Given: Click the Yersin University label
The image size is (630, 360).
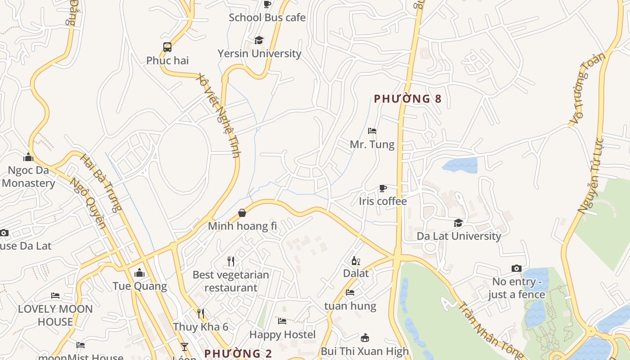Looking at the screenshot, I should coord(259,54).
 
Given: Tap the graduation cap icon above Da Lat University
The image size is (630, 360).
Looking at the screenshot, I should coord(458,223).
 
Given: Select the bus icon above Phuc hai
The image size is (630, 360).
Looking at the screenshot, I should coord(167,47).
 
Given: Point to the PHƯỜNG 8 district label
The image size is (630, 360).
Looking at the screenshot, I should coord(408,99).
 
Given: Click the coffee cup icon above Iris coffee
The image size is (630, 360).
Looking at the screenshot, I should coord(382,188).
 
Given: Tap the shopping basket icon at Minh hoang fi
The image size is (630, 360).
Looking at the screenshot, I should coord(242,213).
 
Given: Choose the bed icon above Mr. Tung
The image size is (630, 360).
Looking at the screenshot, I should coord(372,131).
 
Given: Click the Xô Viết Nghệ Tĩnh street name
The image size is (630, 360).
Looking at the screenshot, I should coord(219,115).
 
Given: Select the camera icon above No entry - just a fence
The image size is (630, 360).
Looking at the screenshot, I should coord(517,269).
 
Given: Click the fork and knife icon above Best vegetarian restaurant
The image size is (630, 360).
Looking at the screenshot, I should coord(231,261).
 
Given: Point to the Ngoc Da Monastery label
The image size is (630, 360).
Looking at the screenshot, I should coord(28,177).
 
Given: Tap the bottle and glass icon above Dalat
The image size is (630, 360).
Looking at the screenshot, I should coord(355,261).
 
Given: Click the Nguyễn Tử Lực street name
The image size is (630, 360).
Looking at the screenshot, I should coord(591,175).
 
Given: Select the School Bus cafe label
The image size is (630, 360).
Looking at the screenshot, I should coord(267,18).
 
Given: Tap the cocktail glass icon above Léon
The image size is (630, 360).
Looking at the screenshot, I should coord(184,346).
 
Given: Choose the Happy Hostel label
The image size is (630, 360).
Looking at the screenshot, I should coord(282,335).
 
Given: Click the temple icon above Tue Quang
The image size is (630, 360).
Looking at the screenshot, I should coord(139,273).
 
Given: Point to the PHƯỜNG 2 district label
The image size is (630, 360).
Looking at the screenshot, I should coord(238,354).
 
